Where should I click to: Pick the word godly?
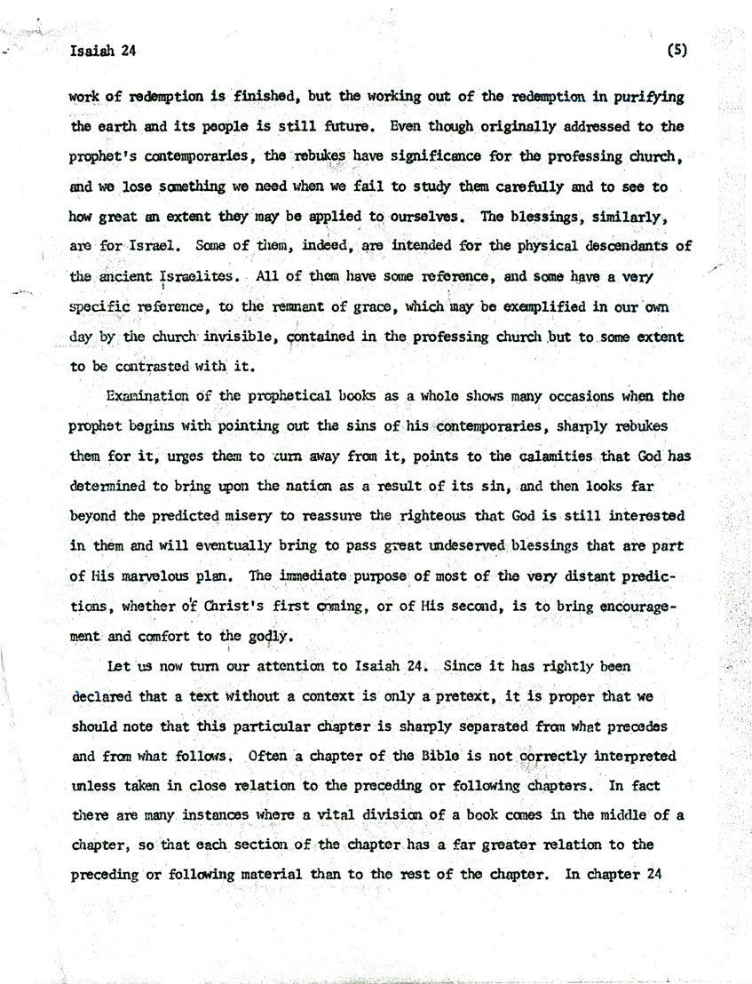tap(268, 635)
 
